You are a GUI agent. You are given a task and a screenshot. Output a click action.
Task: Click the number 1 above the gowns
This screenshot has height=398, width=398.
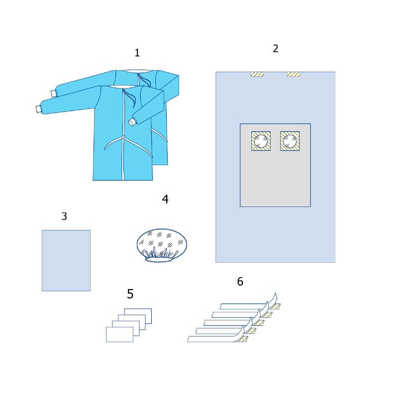coord(137,53)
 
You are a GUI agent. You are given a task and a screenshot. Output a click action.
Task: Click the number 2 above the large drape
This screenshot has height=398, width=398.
coord(276,48)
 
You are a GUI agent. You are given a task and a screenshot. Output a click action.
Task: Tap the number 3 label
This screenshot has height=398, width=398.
coord(64,216)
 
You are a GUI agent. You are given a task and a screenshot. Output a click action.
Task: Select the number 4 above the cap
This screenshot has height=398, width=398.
coord(165,199)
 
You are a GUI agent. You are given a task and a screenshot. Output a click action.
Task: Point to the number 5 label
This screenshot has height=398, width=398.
coord(130,294)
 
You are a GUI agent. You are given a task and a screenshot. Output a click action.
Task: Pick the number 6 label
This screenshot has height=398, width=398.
coord(240,282)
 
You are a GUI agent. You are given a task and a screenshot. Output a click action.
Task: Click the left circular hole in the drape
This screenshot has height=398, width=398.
coord(261,141)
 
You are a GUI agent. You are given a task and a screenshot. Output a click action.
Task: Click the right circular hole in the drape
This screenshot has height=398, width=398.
coord(290,141)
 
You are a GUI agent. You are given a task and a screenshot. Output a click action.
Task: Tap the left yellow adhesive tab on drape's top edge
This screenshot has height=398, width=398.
coord(257,74)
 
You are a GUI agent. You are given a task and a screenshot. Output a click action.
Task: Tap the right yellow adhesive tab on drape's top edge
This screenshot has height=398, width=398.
coord(294,74)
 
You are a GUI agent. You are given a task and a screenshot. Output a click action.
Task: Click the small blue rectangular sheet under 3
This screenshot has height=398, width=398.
coord(66,260)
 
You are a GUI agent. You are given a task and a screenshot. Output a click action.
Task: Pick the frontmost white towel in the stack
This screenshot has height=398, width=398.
coord(119,334)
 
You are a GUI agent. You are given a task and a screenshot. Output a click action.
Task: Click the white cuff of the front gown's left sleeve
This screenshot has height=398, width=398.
coord(38,109)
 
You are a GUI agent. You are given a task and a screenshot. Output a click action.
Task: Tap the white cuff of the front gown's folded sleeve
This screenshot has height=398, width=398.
coord(132,122)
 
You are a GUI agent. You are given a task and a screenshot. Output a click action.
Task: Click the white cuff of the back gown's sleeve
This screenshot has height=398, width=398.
coord(53,94)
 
